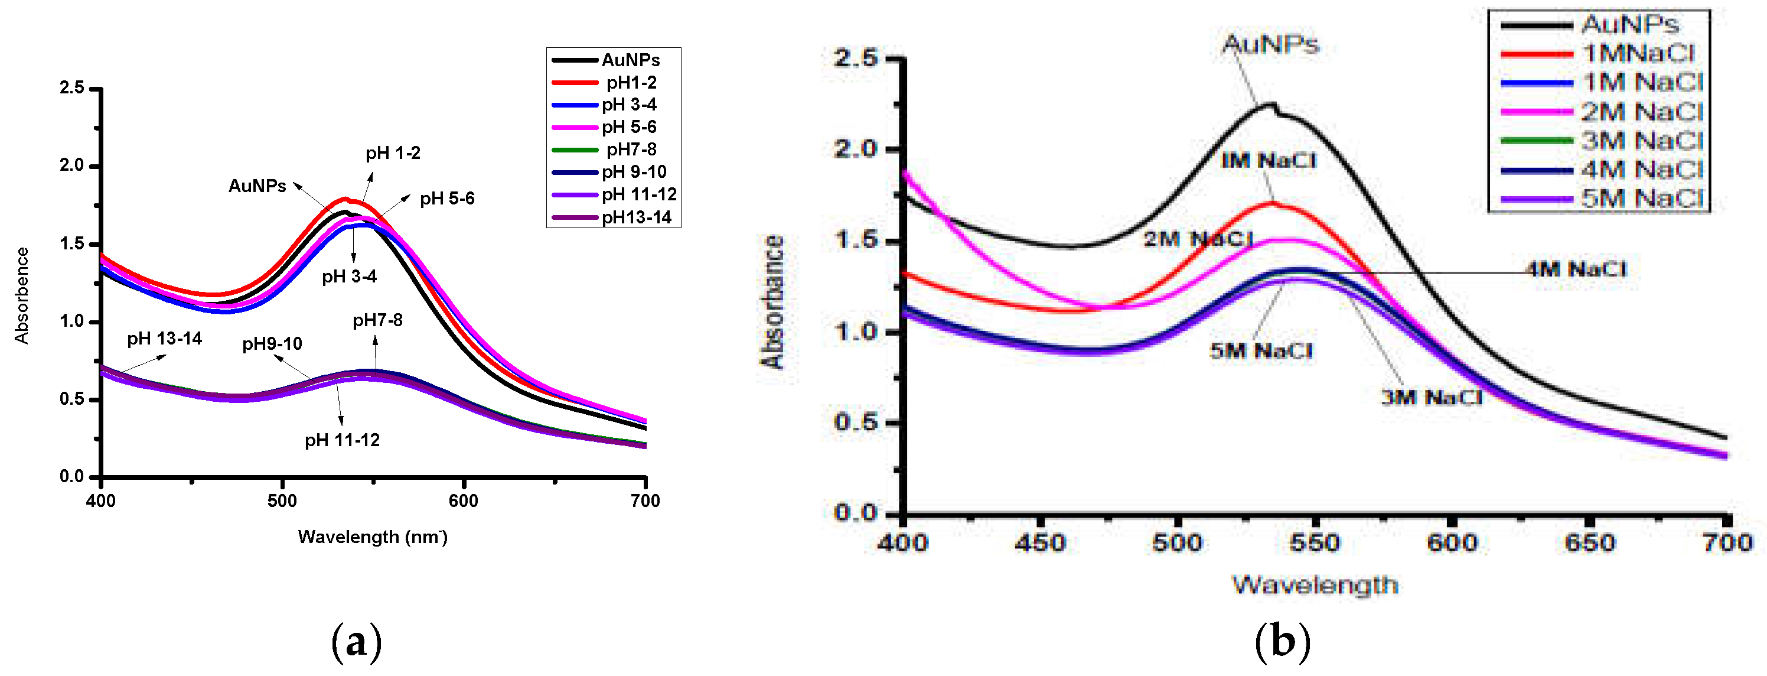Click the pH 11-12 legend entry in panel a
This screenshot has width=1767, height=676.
638,195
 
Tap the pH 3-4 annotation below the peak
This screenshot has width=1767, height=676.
349,277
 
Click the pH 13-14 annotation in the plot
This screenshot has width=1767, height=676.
164,339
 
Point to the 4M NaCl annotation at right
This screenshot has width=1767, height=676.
1576,269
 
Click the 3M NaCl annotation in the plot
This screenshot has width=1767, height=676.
1432,397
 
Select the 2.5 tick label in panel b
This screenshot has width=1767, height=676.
855,58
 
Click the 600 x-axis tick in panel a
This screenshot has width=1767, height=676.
463,501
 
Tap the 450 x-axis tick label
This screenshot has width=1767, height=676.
1041,544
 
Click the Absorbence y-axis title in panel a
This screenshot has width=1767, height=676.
22,295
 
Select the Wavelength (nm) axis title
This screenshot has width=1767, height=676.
373,537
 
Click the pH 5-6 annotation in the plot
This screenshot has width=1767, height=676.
446,199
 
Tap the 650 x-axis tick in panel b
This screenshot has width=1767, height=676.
1589,544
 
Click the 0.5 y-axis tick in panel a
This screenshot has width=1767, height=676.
71,399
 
